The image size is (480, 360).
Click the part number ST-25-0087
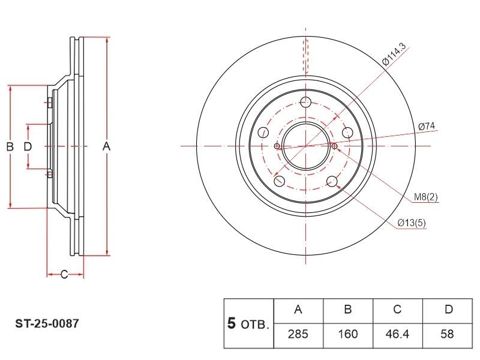click(x=47, y=323)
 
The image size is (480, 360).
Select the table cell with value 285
click(x=298, y=335)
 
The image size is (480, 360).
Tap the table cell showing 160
click(x=348, y=335)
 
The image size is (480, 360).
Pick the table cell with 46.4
click(x=398, y=335)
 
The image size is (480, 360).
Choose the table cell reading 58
click(x=447, y=335)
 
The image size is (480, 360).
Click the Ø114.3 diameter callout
click(x=394, y=55)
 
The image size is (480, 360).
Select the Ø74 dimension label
click(x=427, y=126)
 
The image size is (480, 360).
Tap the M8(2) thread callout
click(x=426, y=197)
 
